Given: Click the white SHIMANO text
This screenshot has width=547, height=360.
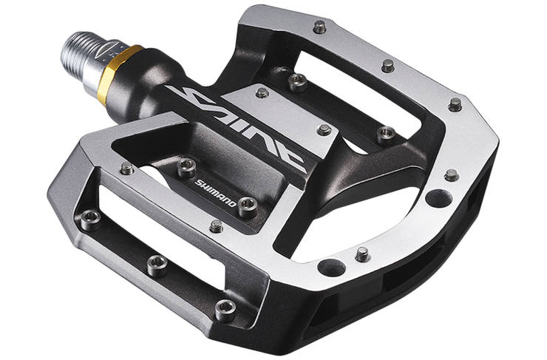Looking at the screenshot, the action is (216, 192).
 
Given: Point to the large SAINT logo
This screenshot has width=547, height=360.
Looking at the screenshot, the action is (237, 128).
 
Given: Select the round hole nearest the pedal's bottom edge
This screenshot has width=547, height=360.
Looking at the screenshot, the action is (331, 268).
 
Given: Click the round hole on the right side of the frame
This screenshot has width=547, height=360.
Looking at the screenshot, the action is (439, 198).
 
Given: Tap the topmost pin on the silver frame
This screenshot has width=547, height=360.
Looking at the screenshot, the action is (319, 27).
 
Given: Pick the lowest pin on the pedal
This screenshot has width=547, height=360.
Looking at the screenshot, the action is (225, 310).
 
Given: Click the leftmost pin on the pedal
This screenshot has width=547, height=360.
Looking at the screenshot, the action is (90, 220).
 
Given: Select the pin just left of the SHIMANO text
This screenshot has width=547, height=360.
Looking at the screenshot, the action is (186, 167).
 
